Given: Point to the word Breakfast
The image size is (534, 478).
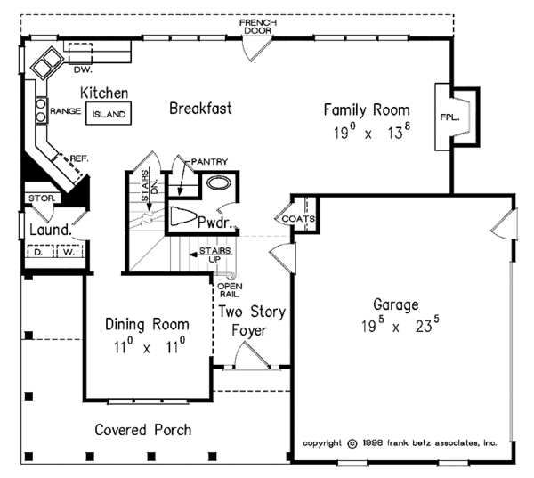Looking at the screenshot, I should [x=200, y=109].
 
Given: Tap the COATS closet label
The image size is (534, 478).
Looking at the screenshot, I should [x=296, y=218].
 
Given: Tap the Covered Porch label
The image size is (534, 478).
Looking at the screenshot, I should [x=144, y=429].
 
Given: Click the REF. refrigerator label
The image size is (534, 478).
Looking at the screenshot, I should [x=79, y=158].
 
